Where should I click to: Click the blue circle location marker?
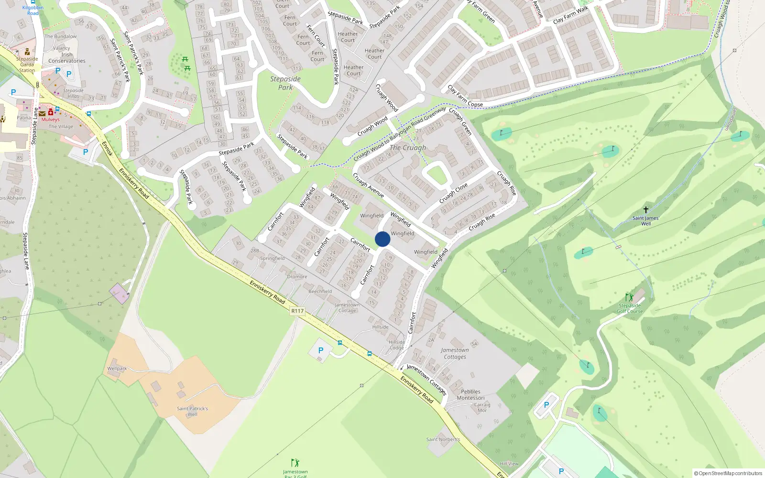[382, 239]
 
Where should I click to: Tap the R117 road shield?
[297, 311]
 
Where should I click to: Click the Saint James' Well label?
[645, 221]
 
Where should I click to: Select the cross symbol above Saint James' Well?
[646, 210]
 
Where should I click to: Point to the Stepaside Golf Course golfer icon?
[629, 297]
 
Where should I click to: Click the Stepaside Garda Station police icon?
[27, 52]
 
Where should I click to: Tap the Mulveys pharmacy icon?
[51, 112]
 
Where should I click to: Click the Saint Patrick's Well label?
[192, 411]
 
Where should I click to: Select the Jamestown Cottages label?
[455, 353]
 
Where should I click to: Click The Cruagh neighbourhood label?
[408, 148]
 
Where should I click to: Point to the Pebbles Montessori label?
[470, 394]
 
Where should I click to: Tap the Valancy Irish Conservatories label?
[66, 54]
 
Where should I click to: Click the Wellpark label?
[117, 369]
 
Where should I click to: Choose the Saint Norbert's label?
[443, 439]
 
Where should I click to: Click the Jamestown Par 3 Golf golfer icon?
[295, 463]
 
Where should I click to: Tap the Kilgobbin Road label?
[33, 10]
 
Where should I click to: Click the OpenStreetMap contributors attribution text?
[728, 473]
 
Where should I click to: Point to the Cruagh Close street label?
[453, 194]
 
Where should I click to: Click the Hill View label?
[509, 464]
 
